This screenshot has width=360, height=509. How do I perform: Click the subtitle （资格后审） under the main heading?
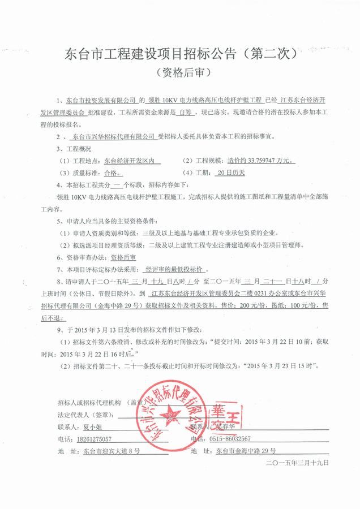tap(181, 74)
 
